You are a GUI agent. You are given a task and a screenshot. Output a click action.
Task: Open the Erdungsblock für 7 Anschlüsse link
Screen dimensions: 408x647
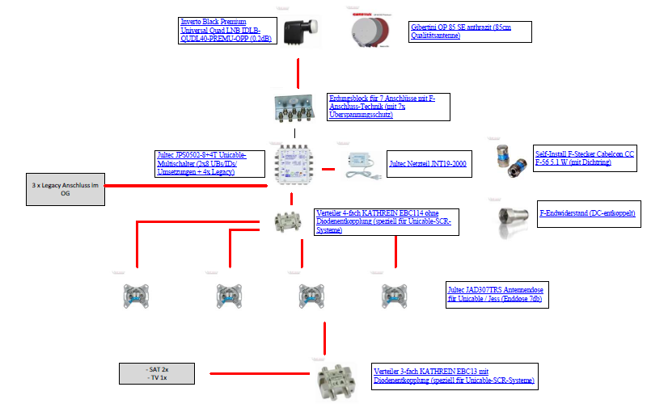pyautogui.click(x=387, y=107)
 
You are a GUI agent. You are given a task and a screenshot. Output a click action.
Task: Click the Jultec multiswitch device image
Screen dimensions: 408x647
pyautogui.click(x=294, y=168)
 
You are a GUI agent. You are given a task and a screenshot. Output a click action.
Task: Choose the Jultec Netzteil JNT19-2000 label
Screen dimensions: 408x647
pyautogui.click(x=428, y=164)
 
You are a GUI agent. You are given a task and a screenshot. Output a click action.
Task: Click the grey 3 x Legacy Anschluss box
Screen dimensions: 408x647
pyautogui.click(x=65, y=189)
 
